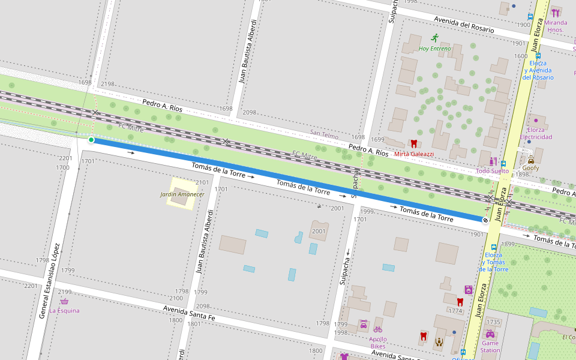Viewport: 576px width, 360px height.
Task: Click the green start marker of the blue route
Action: point(91,140)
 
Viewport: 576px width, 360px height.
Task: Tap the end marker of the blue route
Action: point(485,220)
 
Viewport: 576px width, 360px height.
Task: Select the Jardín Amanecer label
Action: point(182,194)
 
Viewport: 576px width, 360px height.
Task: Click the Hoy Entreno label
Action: point(435,49)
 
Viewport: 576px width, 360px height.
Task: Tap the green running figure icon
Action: point(435,38)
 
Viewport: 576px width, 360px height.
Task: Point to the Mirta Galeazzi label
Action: point(413,154)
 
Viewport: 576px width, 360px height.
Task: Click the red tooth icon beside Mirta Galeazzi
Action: point(413,143)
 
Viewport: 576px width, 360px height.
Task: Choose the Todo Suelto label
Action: point(492,171)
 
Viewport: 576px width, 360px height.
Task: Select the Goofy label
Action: point(530,168)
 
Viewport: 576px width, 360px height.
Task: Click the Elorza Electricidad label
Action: point(536,133)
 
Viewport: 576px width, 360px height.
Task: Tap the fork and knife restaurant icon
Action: point(556,12)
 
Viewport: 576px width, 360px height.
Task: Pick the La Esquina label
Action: point(64,311)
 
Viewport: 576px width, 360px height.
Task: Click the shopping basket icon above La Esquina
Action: point(64,301)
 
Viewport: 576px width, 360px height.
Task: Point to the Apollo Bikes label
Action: point(377,343)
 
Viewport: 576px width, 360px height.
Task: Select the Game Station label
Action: point(490,346)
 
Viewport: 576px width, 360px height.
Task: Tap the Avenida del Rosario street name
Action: point(464,25)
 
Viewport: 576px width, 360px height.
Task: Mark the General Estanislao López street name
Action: point(49,280)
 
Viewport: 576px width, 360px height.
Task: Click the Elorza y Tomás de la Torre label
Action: point(493,262)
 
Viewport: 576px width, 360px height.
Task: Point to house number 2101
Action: point(202,182)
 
